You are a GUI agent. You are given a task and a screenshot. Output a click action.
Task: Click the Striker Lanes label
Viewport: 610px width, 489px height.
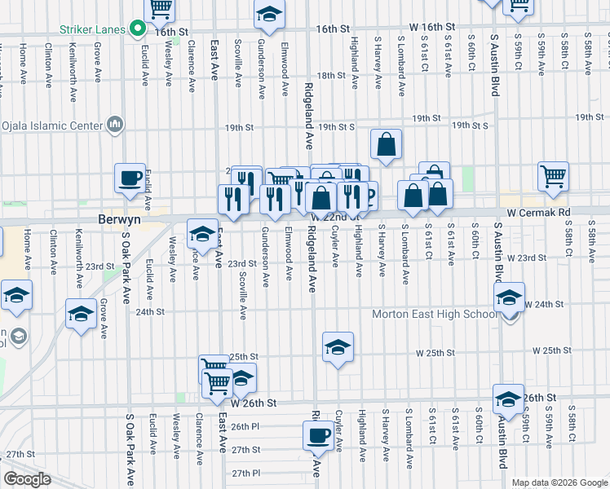92,29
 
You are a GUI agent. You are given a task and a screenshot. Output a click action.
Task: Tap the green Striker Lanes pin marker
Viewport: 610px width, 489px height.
139,30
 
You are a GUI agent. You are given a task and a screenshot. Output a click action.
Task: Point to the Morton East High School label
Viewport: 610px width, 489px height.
433,315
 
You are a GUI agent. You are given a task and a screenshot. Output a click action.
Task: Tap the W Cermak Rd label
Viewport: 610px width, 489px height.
537,212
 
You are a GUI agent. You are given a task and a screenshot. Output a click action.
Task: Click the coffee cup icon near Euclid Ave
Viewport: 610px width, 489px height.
130,178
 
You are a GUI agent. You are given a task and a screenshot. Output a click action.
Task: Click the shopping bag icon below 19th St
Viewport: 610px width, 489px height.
387,144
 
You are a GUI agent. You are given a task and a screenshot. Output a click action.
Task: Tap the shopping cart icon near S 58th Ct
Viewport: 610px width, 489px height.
553,174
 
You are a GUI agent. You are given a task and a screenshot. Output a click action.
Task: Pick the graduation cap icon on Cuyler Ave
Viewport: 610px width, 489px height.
338,347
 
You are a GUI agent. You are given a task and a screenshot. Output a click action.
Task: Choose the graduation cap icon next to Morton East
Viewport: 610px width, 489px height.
509,298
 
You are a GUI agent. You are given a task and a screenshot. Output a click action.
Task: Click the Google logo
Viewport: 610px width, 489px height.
28,479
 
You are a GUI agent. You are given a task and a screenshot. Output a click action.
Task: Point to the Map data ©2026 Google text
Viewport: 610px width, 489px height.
559,482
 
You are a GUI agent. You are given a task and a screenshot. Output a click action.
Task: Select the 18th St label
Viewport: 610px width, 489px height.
332,75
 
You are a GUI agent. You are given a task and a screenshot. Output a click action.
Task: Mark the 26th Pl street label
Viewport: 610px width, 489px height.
245,426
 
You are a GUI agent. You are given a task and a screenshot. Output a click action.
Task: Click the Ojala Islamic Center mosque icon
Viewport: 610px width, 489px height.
114,126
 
